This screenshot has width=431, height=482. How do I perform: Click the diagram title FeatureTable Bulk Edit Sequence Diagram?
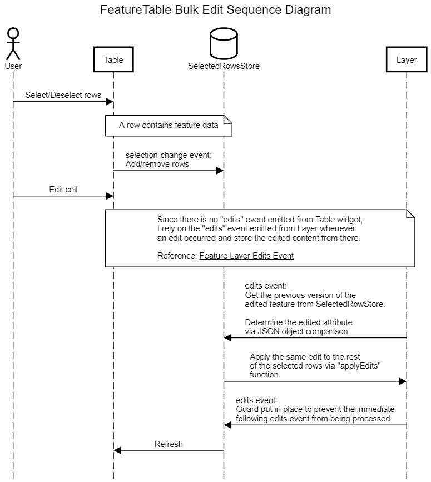(x=215, y=10)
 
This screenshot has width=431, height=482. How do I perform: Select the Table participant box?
(x=113, y=60)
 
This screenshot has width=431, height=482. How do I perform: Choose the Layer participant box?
(x=407, y=60)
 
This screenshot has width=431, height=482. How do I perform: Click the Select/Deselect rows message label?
(x=63, y=95)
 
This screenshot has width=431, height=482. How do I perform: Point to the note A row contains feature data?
(x=169, y=126)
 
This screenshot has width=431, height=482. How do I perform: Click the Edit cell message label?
(x=63, y=190)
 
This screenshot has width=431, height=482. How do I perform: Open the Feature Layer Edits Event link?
(x=246, y=256)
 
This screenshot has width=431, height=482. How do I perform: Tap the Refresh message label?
(x=169, y=444)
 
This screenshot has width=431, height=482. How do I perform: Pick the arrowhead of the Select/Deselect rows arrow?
(x=110, y=101)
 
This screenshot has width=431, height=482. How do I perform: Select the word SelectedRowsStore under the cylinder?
(x=224, y=66)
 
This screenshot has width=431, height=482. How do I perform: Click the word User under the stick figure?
(x=13, y=66)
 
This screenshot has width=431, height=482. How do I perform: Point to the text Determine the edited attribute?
(x=299, y=322)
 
